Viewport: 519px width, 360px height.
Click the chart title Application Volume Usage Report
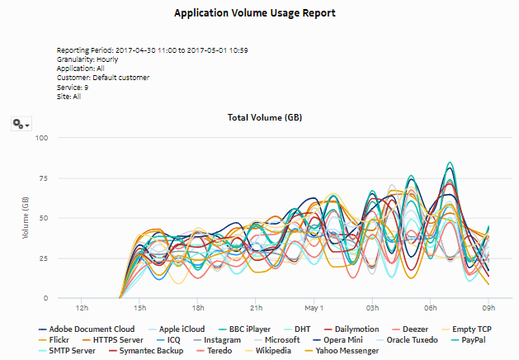[x=259, y=14]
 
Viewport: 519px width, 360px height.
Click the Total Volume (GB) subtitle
[x=264, y=118]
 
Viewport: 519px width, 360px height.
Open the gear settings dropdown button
[x=21, y=123]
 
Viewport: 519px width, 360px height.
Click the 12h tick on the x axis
[x=82, y=307]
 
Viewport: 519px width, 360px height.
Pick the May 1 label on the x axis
[x=314, y=307]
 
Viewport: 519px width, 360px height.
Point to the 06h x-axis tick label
[x=431, y=307]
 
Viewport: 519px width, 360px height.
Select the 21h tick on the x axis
[x=257, y=307]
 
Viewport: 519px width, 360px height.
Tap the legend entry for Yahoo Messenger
[x=344, y=351]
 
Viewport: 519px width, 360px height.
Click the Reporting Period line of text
[x=153, y=50]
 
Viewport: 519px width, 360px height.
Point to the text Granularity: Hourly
[x=87, y=59]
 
